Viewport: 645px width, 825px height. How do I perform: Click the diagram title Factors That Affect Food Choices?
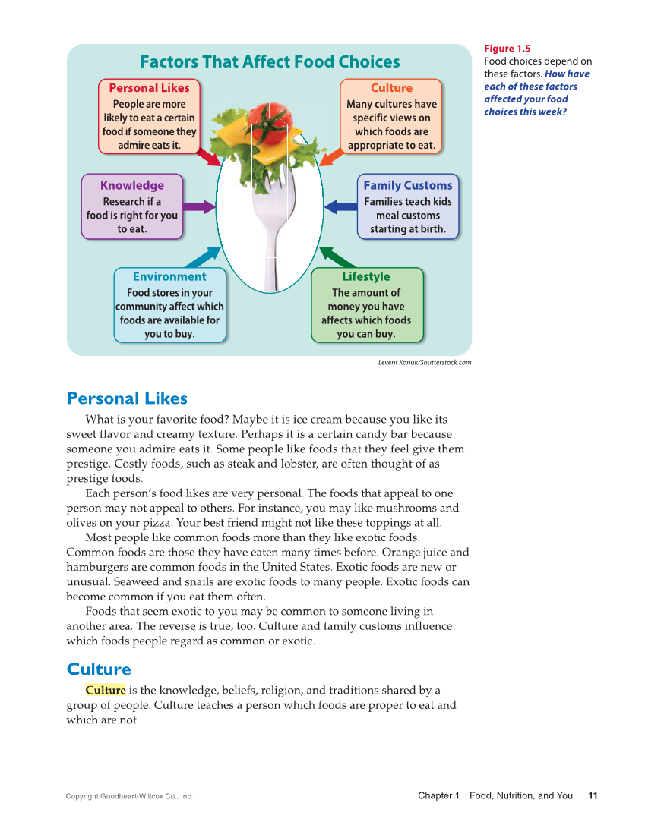(x=270, y=62)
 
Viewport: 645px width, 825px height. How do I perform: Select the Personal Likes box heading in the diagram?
(x=149, y=88)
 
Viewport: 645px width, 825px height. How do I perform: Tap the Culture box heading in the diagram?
(x=391, y=88)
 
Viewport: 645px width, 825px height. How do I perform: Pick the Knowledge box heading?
(x=132, y=185)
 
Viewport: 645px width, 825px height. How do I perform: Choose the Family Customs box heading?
(x=407, y=185)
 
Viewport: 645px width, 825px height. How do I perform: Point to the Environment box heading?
(x=169, y=276)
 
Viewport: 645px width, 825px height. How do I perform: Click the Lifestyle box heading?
(x=366, y=276)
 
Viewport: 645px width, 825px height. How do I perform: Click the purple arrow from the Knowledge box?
(x=199, y=206)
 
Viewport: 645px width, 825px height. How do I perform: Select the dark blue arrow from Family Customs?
(x=340, y=206)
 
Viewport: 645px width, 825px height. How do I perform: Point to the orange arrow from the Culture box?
(x=330, y=156)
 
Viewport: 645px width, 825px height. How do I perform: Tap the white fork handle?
(x=270, y=258)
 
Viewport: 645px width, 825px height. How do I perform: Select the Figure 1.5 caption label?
(x=507, y=49)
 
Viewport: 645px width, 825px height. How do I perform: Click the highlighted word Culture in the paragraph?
(x=106, y=690)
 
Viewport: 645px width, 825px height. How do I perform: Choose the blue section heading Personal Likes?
(x=127, y=398)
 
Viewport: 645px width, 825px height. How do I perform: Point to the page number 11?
(x=593, y=795)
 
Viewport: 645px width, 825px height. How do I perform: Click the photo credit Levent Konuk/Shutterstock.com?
(x=425, y=363)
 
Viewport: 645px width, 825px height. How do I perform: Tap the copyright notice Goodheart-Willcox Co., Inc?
(x=129, y=796)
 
